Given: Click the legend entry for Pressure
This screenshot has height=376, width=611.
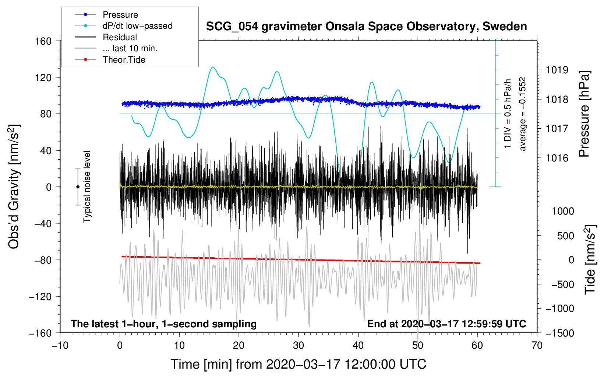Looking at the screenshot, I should point(120,15).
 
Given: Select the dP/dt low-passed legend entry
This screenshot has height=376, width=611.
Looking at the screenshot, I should point(137,26).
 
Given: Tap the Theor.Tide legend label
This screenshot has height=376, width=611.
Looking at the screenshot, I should point(124,60).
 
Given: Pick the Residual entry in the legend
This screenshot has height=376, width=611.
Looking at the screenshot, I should point(120,37).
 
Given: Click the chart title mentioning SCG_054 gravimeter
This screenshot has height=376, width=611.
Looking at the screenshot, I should point(366,27).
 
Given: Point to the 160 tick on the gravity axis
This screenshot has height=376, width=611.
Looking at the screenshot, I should point(43,41).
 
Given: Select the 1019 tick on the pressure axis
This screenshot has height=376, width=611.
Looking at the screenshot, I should point(557,70).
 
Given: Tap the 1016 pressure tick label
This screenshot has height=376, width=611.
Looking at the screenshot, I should point(557,158).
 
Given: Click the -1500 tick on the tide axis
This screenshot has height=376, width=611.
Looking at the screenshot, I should point(560,333).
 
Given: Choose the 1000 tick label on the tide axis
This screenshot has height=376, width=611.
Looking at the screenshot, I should point(563,211).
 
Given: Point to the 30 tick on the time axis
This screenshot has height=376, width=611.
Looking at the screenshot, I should point(299,345).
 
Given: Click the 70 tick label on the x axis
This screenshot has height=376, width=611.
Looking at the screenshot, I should point(537,345).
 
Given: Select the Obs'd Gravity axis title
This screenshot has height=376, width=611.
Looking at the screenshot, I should point(14,187).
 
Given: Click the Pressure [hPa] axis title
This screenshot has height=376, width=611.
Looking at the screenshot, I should point(584,114).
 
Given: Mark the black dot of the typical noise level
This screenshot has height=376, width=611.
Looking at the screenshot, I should point(78,187).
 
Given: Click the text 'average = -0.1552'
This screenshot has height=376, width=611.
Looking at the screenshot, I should point(523,114).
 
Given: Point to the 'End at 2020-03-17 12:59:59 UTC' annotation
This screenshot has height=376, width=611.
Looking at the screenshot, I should point(446,324).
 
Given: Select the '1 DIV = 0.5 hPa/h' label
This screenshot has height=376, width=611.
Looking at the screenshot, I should point(508,114).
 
